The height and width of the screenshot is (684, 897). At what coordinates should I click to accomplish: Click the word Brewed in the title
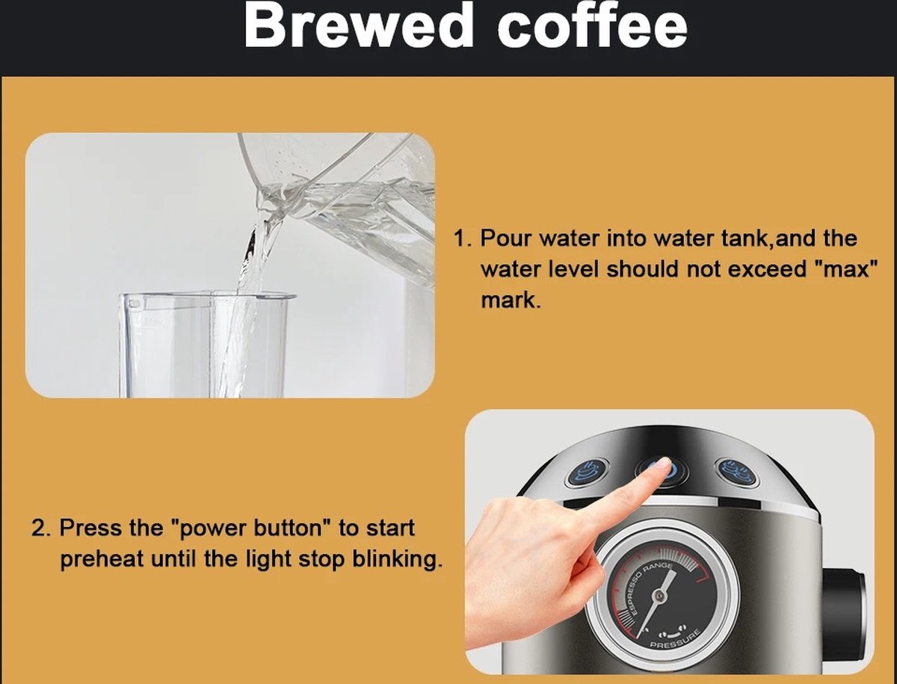358,26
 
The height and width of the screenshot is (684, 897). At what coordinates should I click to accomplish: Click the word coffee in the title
592,25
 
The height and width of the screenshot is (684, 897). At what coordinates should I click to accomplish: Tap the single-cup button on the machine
587,472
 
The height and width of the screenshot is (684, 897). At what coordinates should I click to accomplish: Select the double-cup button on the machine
738,472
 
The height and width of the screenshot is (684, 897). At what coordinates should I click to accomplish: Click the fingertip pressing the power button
663,463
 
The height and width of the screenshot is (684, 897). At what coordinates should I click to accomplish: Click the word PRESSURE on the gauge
675,641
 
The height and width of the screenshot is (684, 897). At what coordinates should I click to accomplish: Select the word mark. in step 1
511,300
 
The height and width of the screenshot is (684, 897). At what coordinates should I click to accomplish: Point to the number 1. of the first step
463,238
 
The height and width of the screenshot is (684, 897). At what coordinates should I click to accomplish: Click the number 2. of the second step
41,528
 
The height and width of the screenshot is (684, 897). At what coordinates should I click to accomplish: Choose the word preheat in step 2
102,559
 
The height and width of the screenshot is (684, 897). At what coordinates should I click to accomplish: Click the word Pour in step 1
506,238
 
